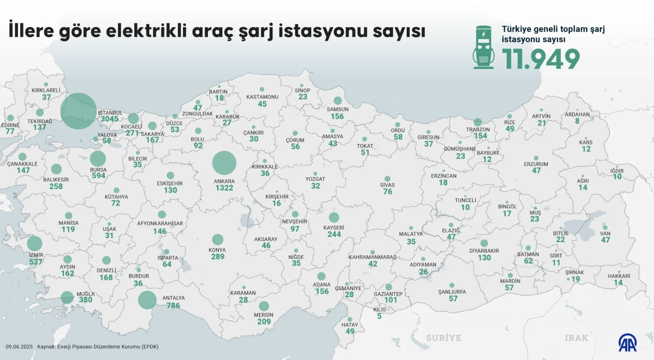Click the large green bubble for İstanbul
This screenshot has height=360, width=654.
pyautogui.click(x=79, y=111)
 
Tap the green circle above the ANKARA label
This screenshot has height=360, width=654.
pyautogui.click(x=224, y=163)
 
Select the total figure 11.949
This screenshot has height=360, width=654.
pyautogui.click(x=541, y=59)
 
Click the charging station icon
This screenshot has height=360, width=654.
pyautogui.click(x=483, y=47)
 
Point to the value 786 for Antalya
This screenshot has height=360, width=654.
pyautogui.click(x=174, y=305)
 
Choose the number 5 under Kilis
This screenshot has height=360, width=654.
pyautogui.click(x=379, y=316)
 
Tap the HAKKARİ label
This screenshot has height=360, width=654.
pyautogui.click(x=619, y=276)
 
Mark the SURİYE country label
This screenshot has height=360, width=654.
pyautogui.click(x=443, y=338)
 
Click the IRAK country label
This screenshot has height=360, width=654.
pyautogui.click(x=576, y=338)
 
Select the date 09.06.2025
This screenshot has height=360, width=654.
pyautogui.click(x=19, y=347)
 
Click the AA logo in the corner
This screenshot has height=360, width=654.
pyautogui.click(x=627, y=343)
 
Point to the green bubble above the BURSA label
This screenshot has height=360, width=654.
pyautogui.click(x=98, y=159)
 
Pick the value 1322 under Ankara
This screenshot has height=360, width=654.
pyautogui.click(x=224, y=188)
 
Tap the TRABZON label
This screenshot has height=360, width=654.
pyautogui.click(x=478, y=129)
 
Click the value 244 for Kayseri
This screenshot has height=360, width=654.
pyautogui.click(x=334, y=234)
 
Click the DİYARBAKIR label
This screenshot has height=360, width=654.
pyautogui.click(x=484, y=251)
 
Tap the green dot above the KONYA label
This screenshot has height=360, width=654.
pyautogui.click(x=218, y=239)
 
